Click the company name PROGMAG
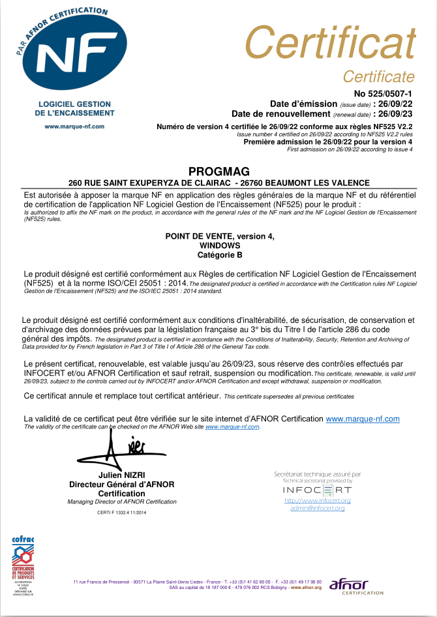(x=219, y=171)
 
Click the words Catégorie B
(x=219, y=254)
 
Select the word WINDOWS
(x=219, y=245)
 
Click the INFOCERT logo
(x=317, y=489)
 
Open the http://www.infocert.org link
(x=318, y=500)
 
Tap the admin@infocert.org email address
(x=318, y=507)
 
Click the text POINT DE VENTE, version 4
(x=219, y=237)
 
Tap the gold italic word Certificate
(x=378, y=76)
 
